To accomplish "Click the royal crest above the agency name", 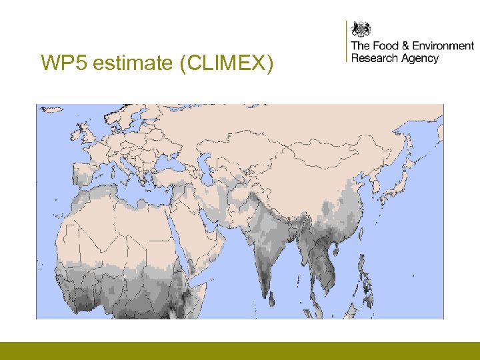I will click(361, 29).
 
